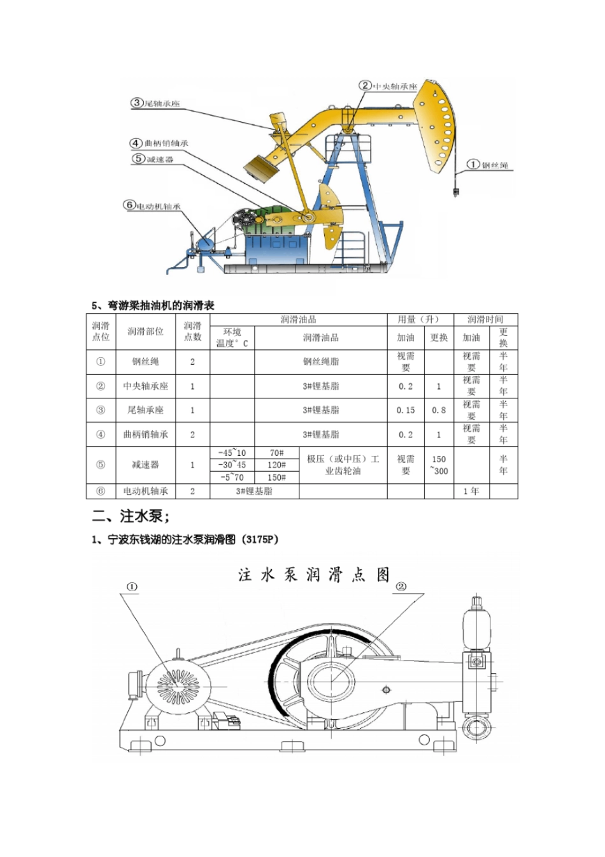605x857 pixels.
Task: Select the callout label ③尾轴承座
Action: tap(156, 103)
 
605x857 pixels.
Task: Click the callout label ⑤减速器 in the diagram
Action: tap(153, 159)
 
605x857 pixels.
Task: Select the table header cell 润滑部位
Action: tap(145, 332)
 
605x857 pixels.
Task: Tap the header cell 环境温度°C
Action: tap(232, 338)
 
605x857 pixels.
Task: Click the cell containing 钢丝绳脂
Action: tap(321, 362)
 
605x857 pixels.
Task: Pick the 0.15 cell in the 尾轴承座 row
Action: tap(406, 410)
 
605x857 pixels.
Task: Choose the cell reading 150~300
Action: tap(439, 465)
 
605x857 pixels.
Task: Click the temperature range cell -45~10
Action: tap(232, 453)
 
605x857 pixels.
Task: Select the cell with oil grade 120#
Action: tap(276, 465)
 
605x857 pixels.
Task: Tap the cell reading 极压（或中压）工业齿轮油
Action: tap(343, 465)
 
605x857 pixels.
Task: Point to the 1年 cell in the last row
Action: tap(471, 491)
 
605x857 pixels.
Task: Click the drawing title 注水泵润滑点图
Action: tap(314, 575)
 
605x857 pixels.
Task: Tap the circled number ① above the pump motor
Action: tap(132, 587)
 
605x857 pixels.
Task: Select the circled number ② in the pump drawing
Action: tap(402, 587)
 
